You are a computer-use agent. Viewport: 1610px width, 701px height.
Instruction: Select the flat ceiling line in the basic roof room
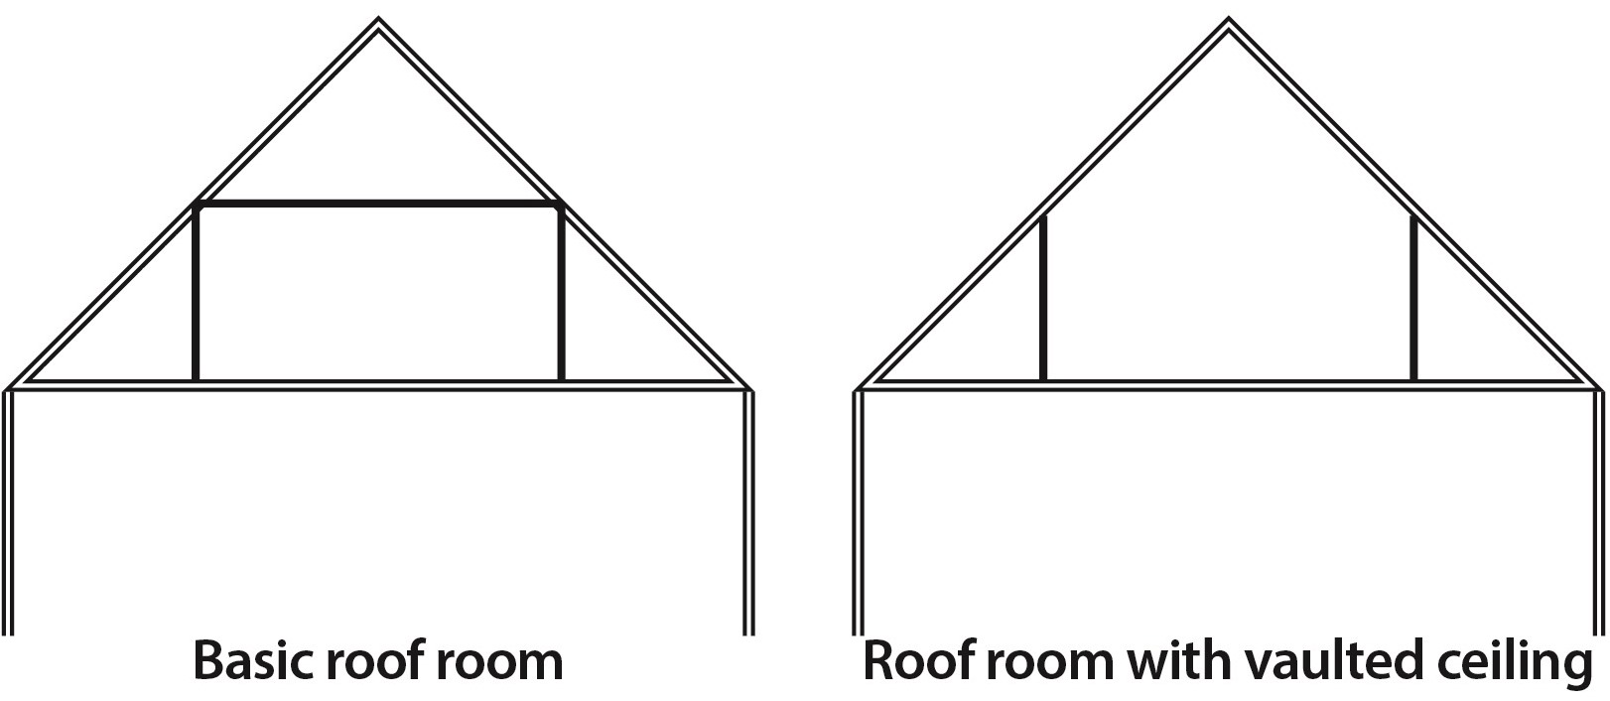tap(378, 205)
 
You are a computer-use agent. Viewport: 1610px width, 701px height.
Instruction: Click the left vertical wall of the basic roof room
tap(197, 293)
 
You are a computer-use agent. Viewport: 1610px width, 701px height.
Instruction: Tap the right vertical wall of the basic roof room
tap(561, 293)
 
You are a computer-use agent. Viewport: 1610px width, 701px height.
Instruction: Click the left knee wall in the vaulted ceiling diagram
tap(1042, 298)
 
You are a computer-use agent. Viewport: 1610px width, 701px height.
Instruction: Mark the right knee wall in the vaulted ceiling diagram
tap(1413, 298)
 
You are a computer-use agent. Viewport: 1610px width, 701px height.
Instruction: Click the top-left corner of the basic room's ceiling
tap(198, 206)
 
